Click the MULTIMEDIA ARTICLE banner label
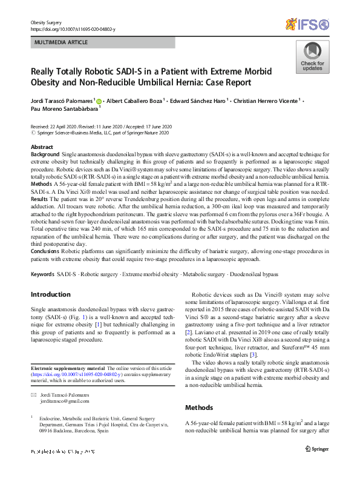click(x=61, y=42)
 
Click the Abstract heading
click(x=41, y=148)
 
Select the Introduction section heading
click(x=51, y=294)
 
